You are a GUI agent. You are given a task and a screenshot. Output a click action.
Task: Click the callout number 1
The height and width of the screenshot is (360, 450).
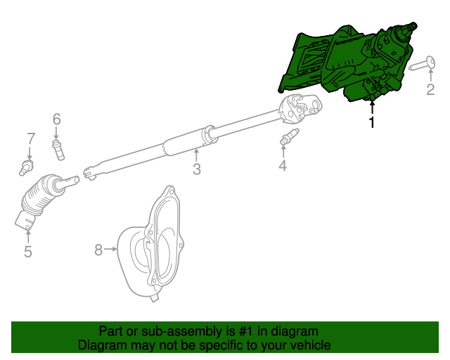[372, 123]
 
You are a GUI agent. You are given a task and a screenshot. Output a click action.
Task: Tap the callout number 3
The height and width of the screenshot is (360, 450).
[197, 169]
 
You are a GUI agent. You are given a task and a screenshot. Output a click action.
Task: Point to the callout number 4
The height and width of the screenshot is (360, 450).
[283, 166]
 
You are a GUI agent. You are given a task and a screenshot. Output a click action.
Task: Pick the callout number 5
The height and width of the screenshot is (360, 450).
[28, 251]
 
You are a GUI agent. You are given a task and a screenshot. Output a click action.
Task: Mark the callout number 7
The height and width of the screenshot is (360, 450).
[30, 138]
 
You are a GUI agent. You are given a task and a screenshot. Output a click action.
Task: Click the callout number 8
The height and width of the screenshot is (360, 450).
[98, 249]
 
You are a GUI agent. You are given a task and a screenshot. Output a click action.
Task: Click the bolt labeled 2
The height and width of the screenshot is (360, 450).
[420, 65]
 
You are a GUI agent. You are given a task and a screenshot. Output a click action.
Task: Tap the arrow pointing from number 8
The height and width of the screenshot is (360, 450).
[110, 249]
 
